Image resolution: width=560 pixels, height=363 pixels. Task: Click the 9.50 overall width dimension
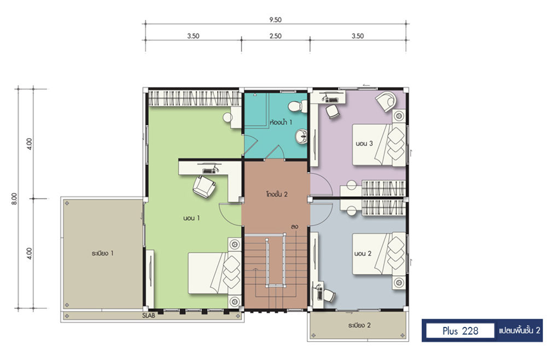275,20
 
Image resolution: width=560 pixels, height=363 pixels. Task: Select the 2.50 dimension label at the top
276,36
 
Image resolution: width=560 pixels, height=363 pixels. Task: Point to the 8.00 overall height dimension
14,198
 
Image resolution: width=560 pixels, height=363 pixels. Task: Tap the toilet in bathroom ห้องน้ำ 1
297,106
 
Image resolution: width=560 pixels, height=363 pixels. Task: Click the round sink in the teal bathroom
301,136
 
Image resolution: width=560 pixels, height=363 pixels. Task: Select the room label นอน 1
191,218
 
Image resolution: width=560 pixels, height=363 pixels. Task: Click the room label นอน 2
363,254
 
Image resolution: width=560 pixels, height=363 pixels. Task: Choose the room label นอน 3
364,143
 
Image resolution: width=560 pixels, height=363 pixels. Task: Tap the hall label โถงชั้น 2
277,195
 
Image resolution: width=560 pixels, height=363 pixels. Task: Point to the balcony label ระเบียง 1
102,254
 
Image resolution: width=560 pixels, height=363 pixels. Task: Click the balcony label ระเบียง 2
359,325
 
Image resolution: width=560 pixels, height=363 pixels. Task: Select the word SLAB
149,315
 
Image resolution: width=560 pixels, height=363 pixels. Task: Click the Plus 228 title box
460,331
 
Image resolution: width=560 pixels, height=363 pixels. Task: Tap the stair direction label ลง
294,227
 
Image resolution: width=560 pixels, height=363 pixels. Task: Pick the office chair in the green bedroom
204,186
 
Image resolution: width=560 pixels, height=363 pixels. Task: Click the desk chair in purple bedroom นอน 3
332,110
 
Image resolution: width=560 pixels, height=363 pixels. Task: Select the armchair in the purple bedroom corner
386,101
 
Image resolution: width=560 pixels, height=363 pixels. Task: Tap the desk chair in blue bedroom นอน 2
328,295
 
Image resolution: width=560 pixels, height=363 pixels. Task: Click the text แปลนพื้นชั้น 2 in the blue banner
520,331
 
